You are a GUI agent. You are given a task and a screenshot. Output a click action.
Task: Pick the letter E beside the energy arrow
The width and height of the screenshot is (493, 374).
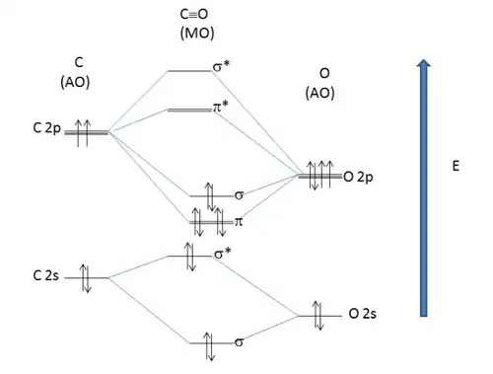[456, 169]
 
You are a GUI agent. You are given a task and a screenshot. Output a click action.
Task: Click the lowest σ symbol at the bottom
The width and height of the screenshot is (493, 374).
[240, 342]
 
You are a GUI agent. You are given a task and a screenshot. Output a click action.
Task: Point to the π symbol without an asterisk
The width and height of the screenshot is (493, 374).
[239, 224]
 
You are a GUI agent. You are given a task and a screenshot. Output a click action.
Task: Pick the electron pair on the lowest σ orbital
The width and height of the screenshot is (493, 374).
[208, 343]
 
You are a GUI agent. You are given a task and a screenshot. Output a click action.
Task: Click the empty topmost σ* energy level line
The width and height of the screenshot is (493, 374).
[187, 71]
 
